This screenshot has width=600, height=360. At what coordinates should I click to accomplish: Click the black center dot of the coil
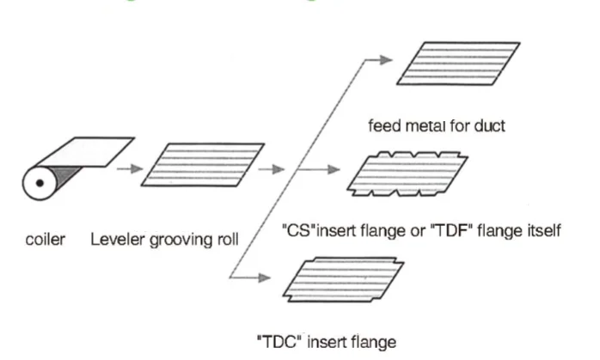pos(40,183)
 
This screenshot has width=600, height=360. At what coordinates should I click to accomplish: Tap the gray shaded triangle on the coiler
pos(65,175)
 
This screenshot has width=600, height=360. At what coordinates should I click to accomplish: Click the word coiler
pos(46,240)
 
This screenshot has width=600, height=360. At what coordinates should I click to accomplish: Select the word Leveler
pos(118,240)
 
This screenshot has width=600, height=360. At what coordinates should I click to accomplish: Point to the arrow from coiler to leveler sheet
pos(130,168)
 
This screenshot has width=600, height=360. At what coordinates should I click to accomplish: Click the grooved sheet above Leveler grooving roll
pos(203,165)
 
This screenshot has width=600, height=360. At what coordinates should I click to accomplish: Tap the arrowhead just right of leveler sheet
pos(279,169)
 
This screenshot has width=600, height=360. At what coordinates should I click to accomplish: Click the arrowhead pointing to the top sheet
pos(386,59)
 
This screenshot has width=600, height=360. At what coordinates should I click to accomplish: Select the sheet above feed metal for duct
pos(458,64)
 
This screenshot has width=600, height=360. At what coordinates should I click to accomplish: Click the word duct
pos(489,125)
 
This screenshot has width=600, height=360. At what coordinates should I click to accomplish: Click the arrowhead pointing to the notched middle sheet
pos(334,169)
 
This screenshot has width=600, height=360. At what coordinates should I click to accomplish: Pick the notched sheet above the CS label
pos(407,174)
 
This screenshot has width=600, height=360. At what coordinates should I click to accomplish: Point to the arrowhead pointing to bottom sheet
pos(264,278)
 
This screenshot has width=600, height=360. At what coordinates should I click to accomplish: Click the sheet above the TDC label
pos(343,279)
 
